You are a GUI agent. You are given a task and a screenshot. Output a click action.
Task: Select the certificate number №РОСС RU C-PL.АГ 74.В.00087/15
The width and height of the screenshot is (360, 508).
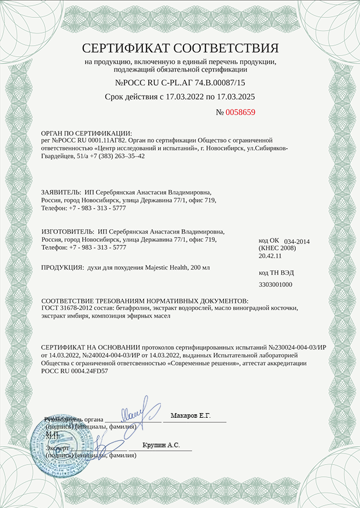180,83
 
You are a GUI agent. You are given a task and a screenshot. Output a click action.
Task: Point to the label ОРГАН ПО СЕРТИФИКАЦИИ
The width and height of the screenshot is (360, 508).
87,133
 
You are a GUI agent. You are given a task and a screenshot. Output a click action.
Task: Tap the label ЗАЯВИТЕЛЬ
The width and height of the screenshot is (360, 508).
61,192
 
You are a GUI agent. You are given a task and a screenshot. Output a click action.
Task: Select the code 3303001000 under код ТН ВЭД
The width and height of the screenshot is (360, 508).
275,285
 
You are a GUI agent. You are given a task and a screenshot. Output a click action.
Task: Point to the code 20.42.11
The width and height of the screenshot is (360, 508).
270,255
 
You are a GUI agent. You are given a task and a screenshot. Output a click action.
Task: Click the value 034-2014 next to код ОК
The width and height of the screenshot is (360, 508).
297,241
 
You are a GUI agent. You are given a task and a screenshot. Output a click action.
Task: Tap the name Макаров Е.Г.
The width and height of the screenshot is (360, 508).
190,416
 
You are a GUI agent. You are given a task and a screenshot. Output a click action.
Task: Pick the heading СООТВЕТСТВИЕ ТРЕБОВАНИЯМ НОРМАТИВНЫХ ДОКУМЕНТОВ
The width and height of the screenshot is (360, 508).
145,301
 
